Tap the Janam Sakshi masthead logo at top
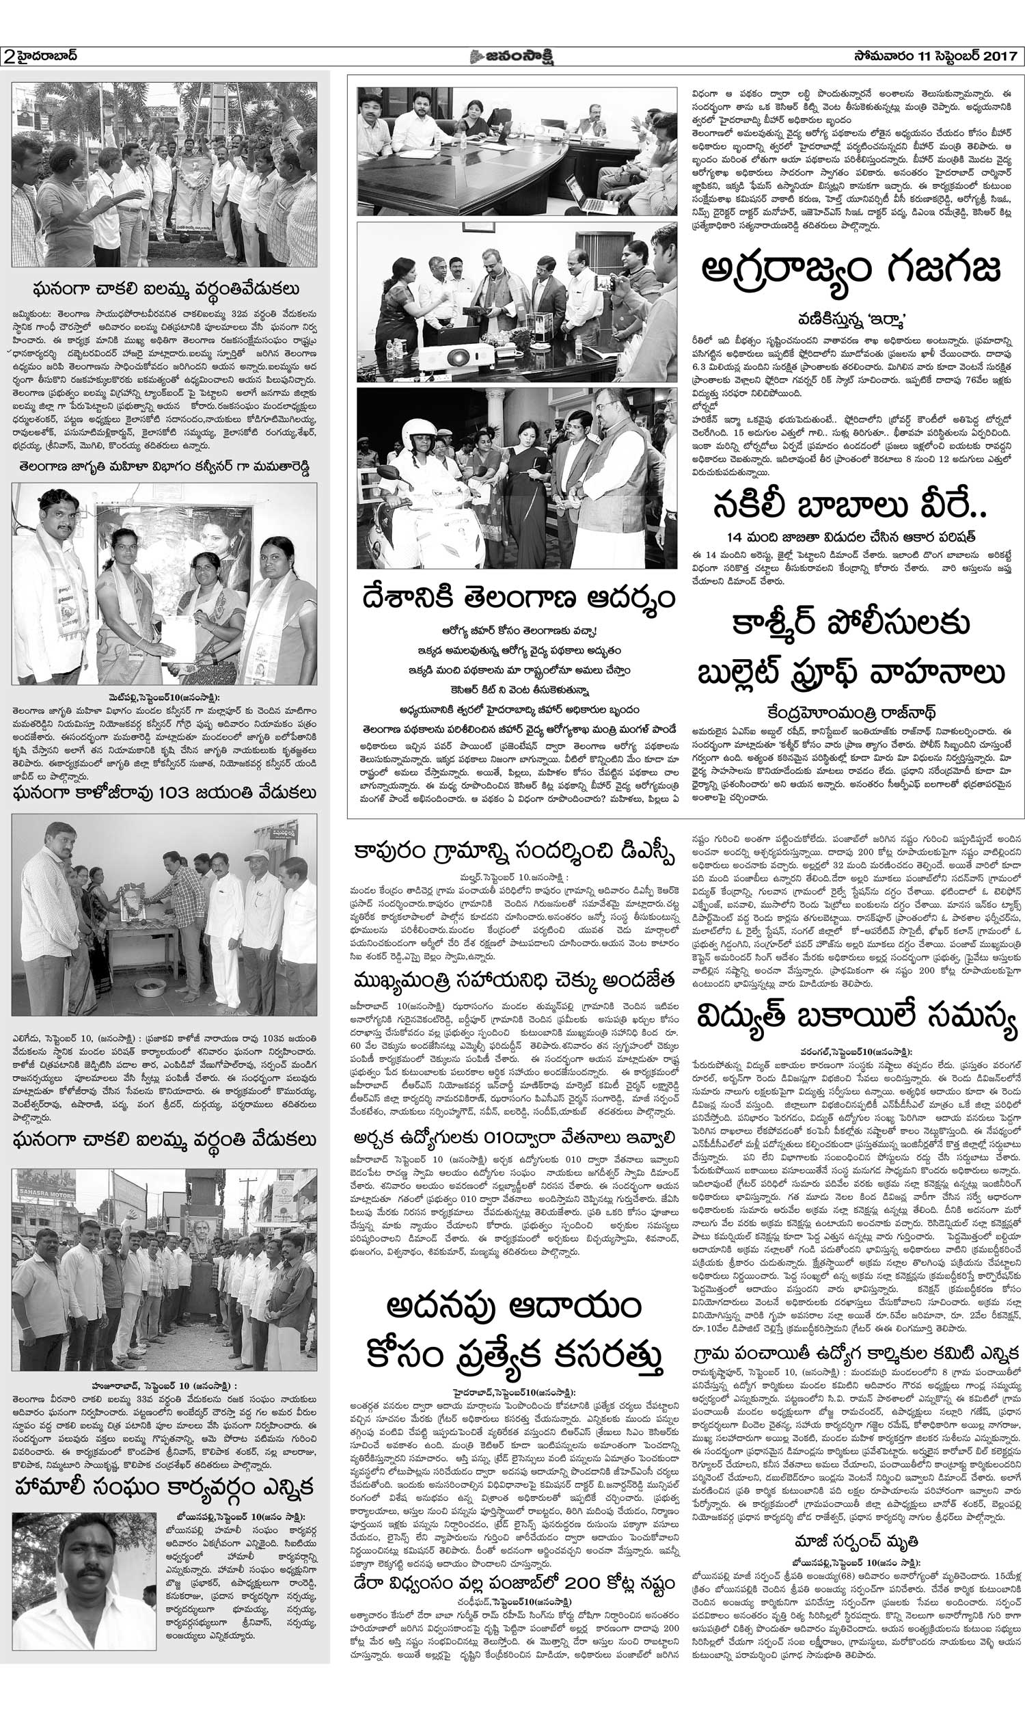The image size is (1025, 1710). pos(512,56)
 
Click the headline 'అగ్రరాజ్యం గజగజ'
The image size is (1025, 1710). pos(851,271)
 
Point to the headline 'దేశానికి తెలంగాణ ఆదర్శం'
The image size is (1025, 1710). pos(517,597)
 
